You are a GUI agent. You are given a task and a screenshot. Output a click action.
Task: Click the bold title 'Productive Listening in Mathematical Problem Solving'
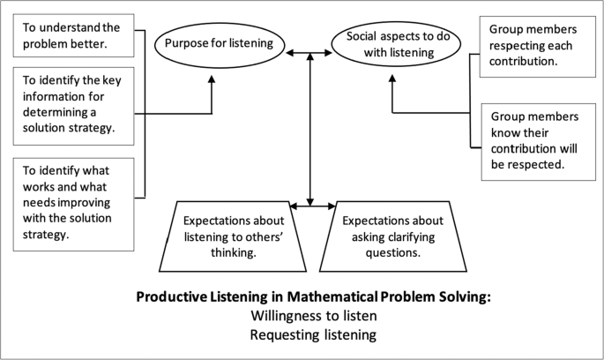coord(313,296)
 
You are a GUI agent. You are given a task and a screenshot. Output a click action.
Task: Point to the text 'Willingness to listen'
coord(312,316)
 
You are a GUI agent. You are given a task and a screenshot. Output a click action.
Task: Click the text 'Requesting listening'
coord(312,334)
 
